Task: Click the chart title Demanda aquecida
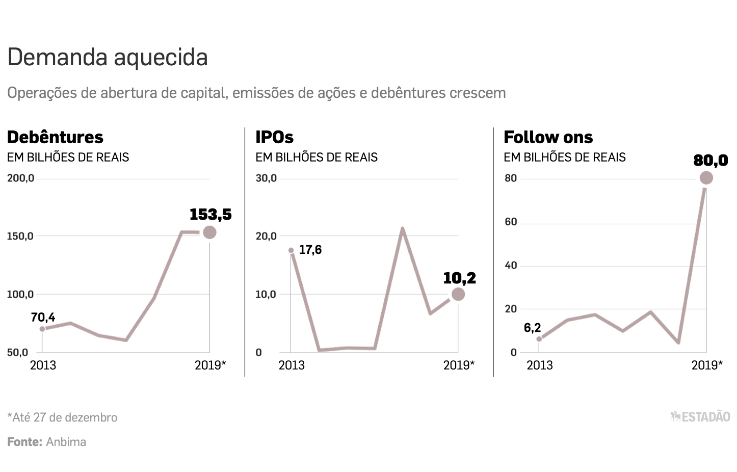tap(108, 57)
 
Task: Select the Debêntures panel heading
tap(55, 137)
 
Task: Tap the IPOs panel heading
tap(274, 137)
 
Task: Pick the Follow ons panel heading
tap(548, 137)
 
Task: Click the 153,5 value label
tap(210, 215)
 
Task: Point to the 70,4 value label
tap(43, 318)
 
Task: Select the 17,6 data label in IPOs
tap(310, 250)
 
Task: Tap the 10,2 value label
tap(459, 278)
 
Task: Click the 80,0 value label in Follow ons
tap(710, 161)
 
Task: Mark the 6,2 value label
tap(532, 328)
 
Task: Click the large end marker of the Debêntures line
tap(209, 232)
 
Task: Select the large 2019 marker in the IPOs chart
tap(458, 294)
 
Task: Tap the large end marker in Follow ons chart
tap(706, 178)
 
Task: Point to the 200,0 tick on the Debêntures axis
tap(20, 178)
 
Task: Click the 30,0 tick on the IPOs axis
tap(266, 178)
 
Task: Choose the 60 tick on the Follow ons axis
tap(511, 222)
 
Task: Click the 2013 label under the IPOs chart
tap(292, 365)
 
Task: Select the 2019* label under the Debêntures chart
tap(210, 365)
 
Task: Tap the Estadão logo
tap(700, 417)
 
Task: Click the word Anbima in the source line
tap(66, 442)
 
